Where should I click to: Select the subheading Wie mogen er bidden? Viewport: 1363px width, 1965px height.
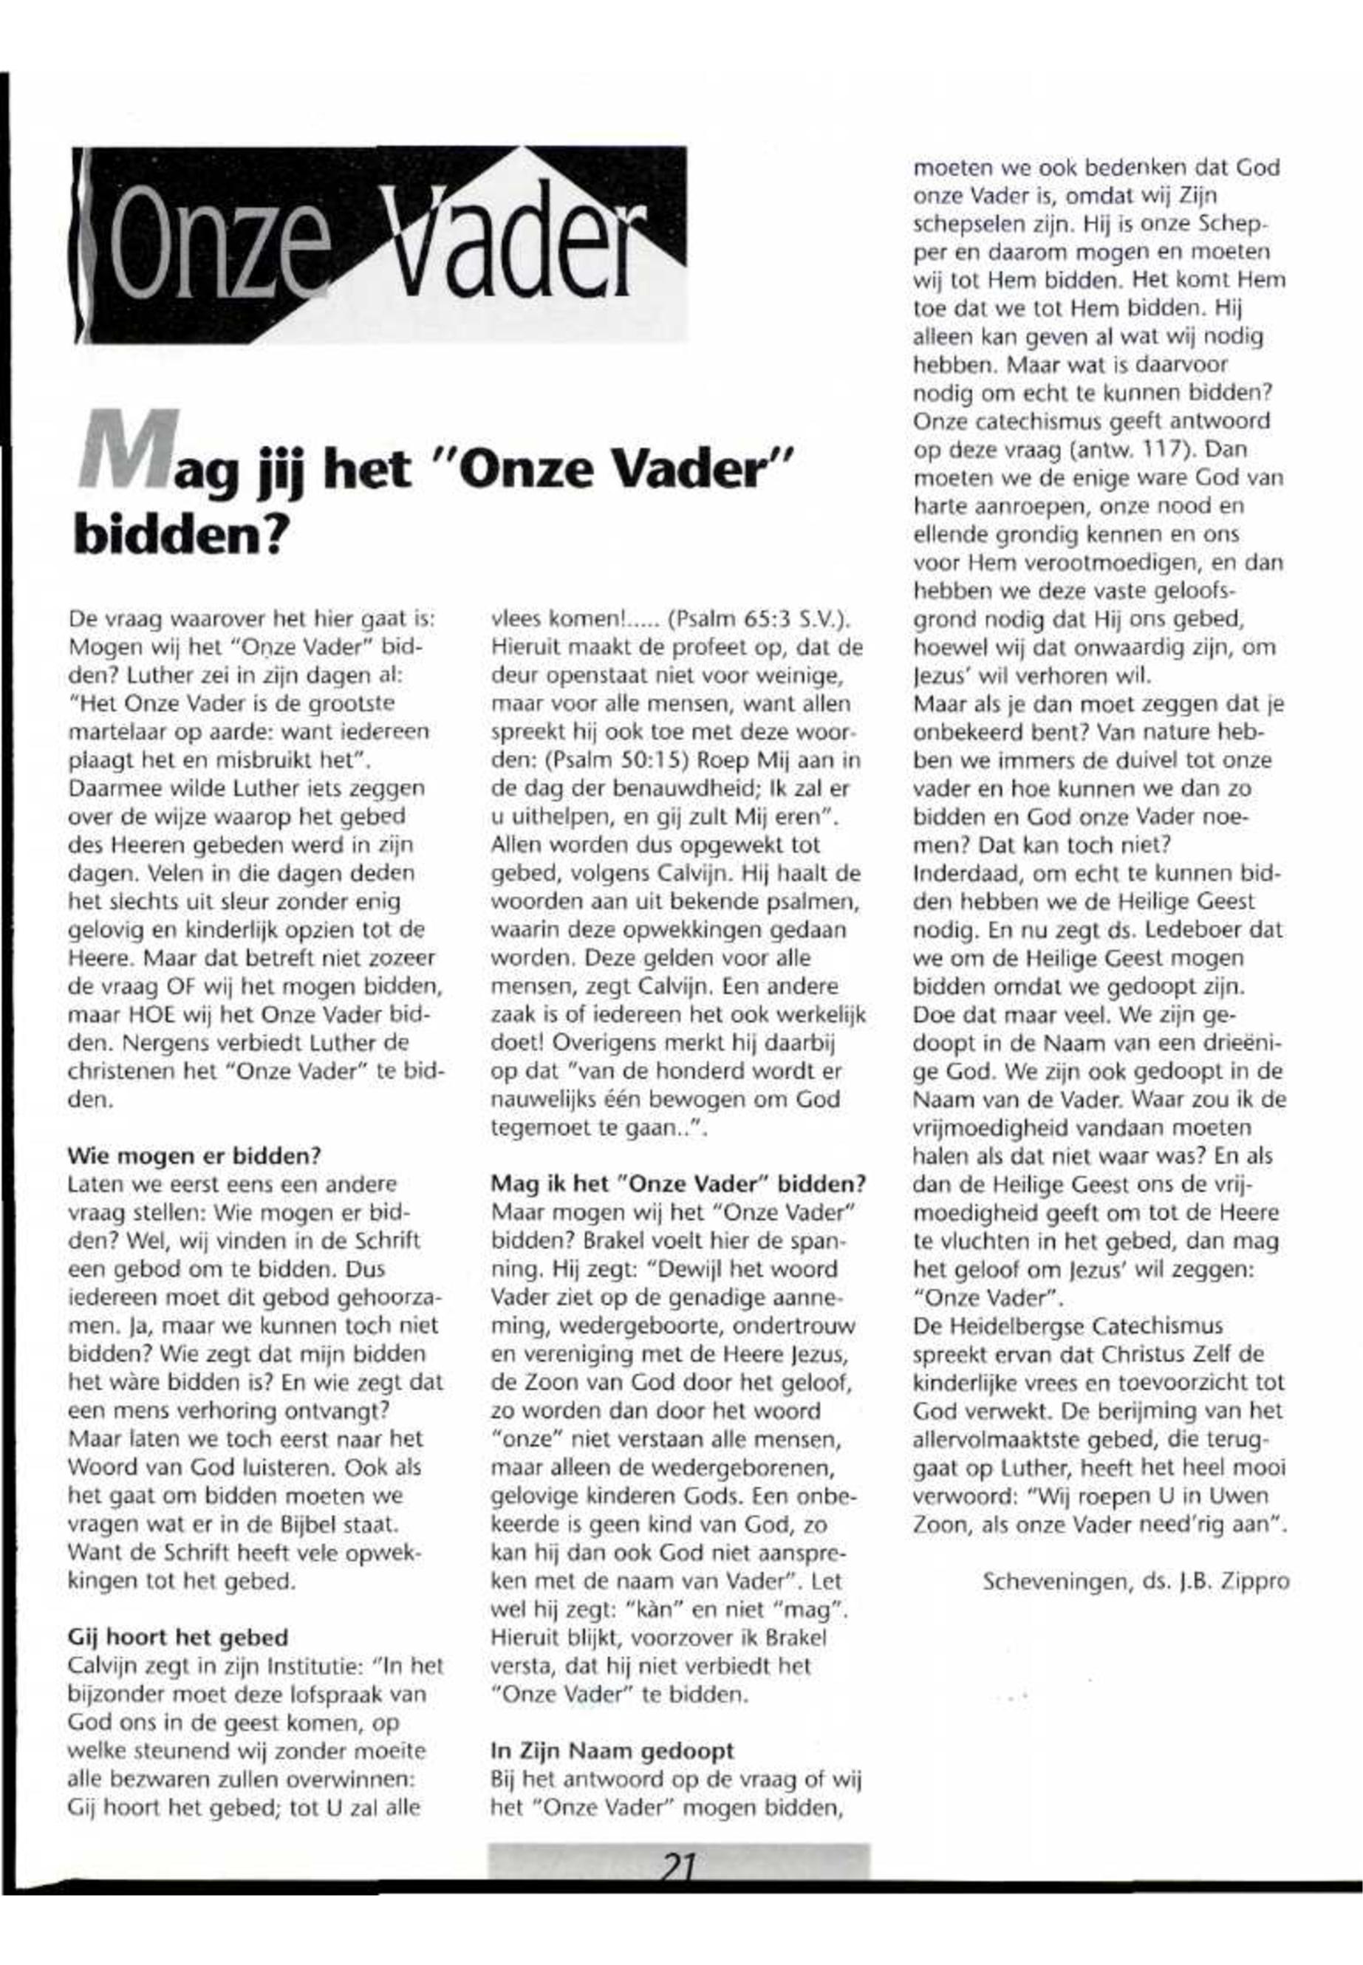(x=194, y=1156)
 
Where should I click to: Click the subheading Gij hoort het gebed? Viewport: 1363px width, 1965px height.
(x=177, y=1636)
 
